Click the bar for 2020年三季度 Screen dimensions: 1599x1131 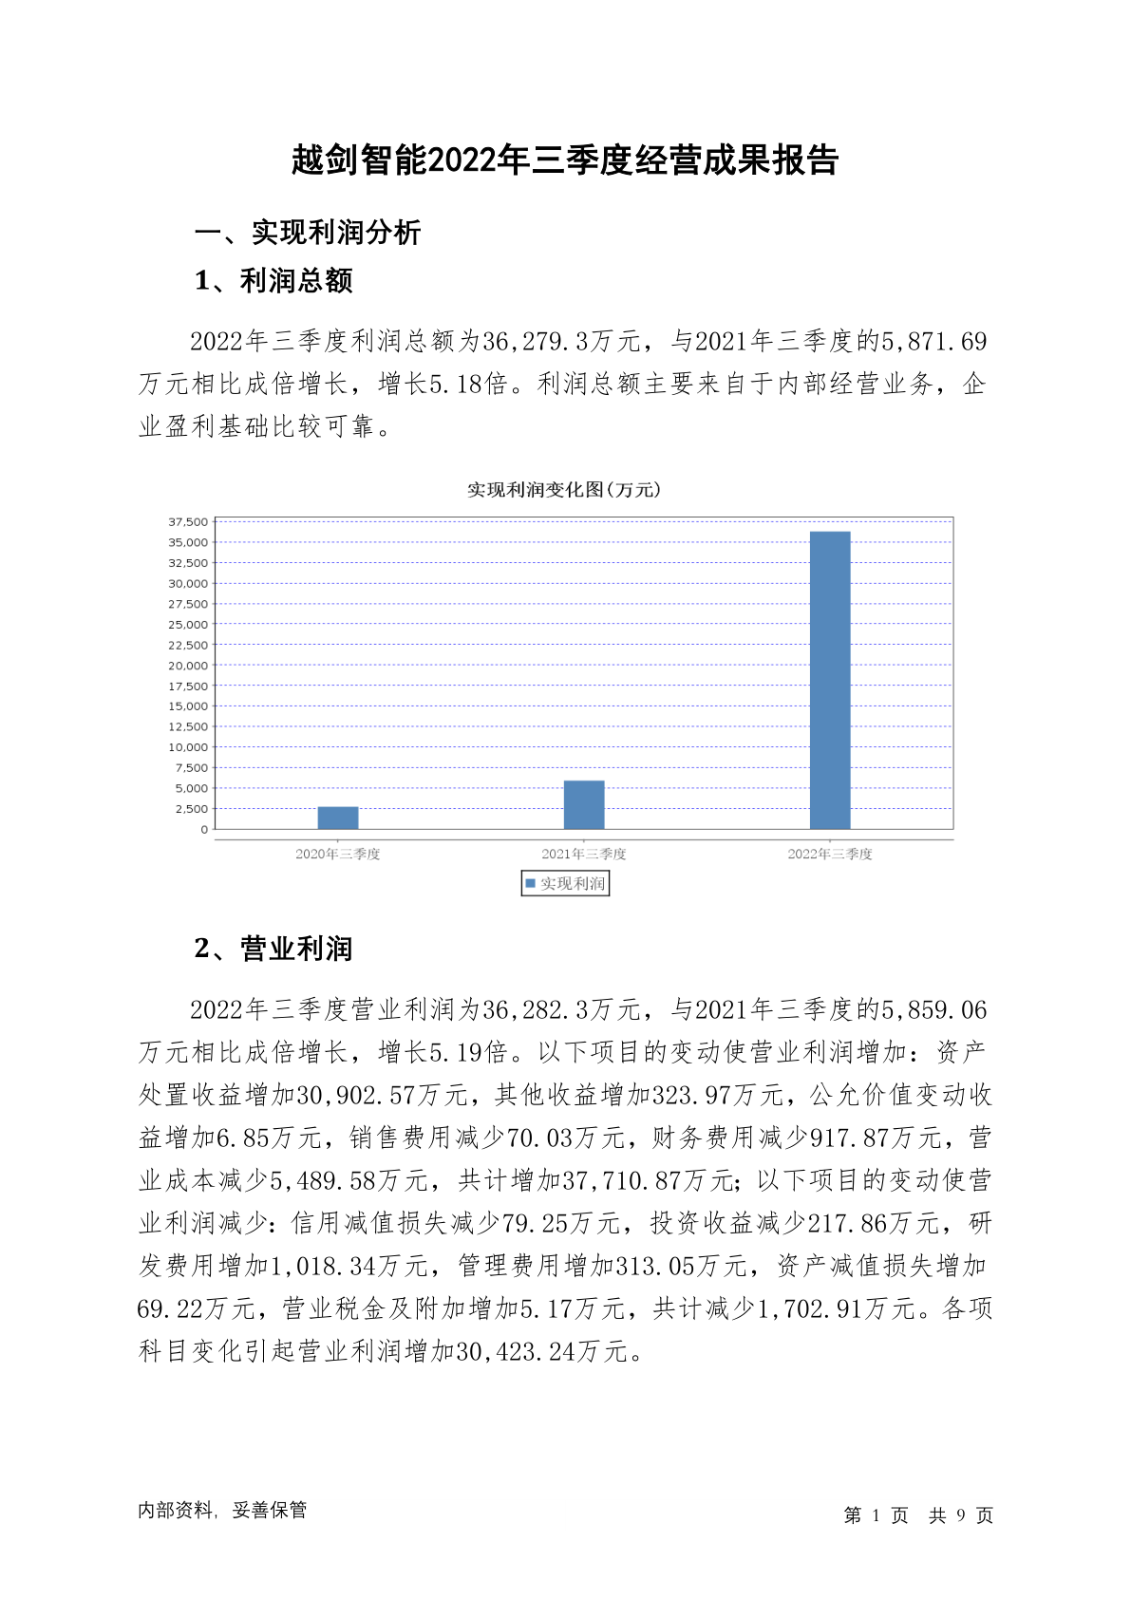[338, 818]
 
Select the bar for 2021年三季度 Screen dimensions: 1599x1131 [584, 805]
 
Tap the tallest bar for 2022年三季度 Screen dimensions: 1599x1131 [830, 680]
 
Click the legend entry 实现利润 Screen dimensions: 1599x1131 [566, 884]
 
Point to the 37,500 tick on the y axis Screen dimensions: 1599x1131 [188, 522]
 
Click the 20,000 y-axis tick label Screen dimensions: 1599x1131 [188, 666]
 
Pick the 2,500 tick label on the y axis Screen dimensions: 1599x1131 [191, 809]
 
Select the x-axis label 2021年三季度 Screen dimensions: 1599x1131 [584, 854]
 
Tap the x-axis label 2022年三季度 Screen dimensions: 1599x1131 [830, 854]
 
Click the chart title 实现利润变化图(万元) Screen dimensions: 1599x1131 [564, 490]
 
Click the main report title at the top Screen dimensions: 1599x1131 [565, 160]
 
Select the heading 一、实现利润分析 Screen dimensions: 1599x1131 [307, 233]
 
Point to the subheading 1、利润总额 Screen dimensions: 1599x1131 [273, 281]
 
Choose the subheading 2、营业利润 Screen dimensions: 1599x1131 [273, 949]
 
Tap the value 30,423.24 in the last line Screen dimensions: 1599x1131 [517, 1352]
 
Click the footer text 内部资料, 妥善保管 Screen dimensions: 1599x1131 [222, 1511]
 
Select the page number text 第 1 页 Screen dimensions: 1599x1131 [876, 1515]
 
